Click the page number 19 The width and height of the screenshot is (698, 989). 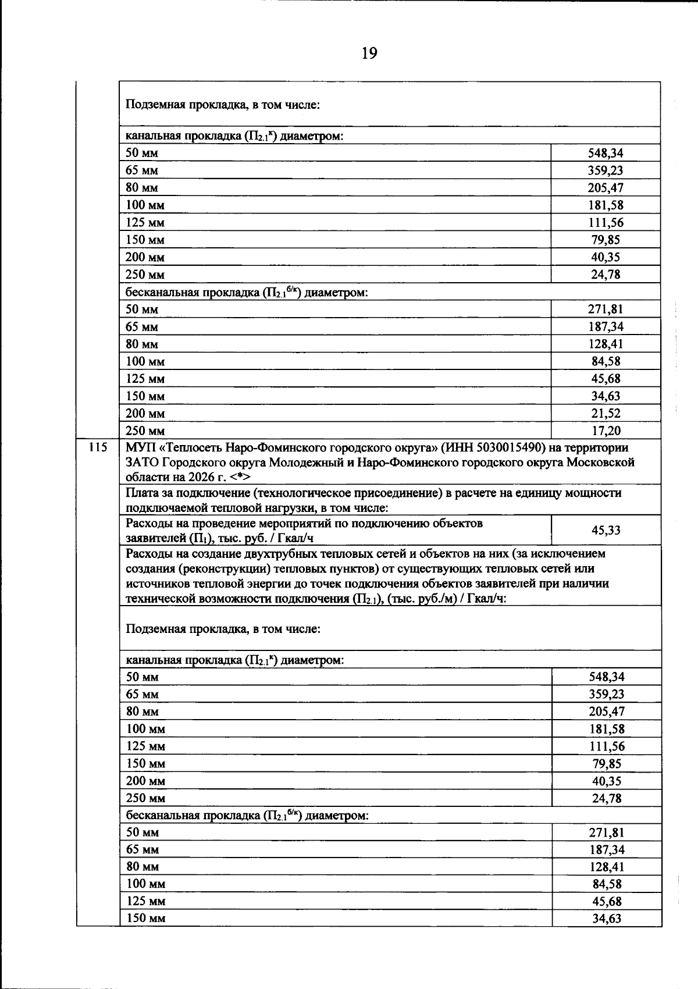coord(369,54)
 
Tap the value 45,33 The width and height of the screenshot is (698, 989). coord(606,530)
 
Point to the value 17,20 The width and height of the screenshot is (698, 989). coord(606,431)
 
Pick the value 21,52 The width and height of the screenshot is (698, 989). coord(606,414)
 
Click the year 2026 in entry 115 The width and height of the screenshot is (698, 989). coord(201,477)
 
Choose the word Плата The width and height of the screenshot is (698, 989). coord(142,493)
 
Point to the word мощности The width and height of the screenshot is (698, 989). coord(595,493)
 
